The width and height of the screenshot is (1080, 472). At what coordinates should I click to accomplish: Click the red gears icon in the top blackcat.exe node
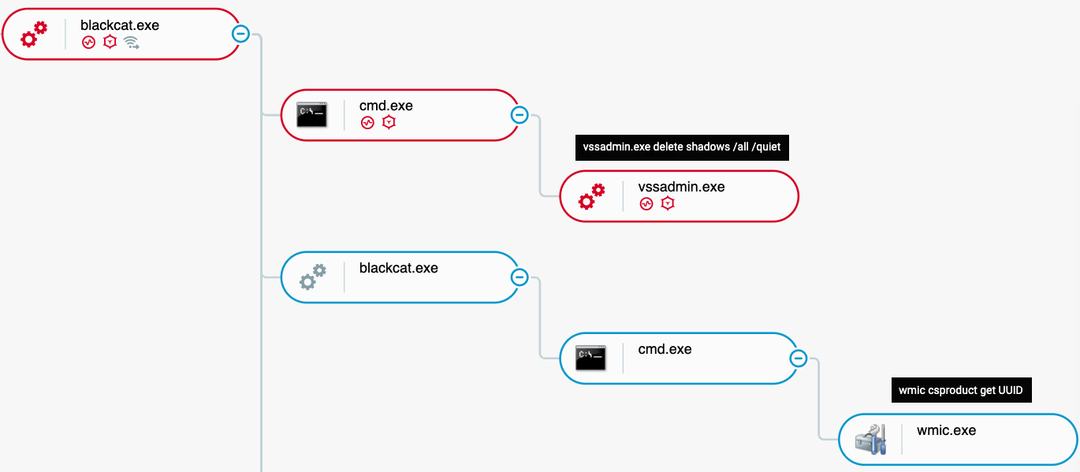coord(34,34)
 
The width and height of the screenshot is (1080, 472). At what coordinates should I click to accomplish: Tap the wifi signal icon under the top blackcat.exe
coord(131,43)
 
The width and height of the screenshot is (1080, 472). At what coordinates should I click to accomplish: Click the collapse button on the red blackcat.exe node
coord(240,34)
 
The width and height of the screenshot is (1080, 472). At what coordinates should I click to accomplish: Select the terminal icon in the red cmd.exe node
coord(311,115)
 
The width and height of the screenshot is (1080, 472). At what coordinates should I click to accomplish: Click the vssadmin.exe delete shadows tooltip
coord(682,147)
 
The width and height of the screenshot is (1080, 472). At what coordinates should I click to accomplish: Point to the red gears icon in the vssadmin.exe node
coord(591,195)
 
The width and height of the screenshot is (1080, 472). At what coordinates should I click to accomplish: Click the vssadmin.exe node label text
coord(681,187)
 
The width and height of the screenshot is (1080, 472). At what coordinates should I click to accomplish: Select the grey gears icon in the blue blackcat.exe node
coord(313,277)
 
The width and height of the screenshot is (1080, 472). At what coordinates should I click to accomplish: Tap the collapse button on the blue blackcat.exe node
coord(520,277)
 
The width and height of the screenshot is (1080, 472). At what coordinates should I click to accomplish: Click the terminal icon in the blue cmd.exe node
coord(590,359)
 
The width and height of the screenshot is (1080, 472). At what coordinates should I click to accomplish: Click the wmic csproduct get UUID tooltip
coord(961,390)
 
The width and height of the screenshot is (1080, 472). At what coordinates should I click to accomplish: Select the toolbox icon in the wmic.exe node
coord(871,439)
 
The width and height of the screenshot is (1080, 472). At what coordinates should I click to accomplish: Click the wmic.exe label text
coord(946,430)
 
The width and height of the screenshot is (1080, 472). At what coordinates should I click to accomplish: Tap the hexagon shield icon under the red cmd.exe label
coord(389,122)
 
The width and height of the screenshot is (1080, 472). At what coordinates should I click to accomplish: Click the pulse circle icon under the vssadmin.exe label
coord(646,204)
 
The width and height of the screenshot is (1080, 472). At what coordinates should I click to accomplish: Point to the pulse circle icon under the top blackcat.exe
coord(88,43)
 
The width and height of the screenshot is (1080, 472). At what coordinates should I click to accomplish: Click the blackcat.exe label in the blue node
coord(399,268)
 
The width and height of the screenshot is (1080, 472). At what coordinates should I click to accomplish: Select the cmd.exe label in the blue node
coord(665,349)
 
